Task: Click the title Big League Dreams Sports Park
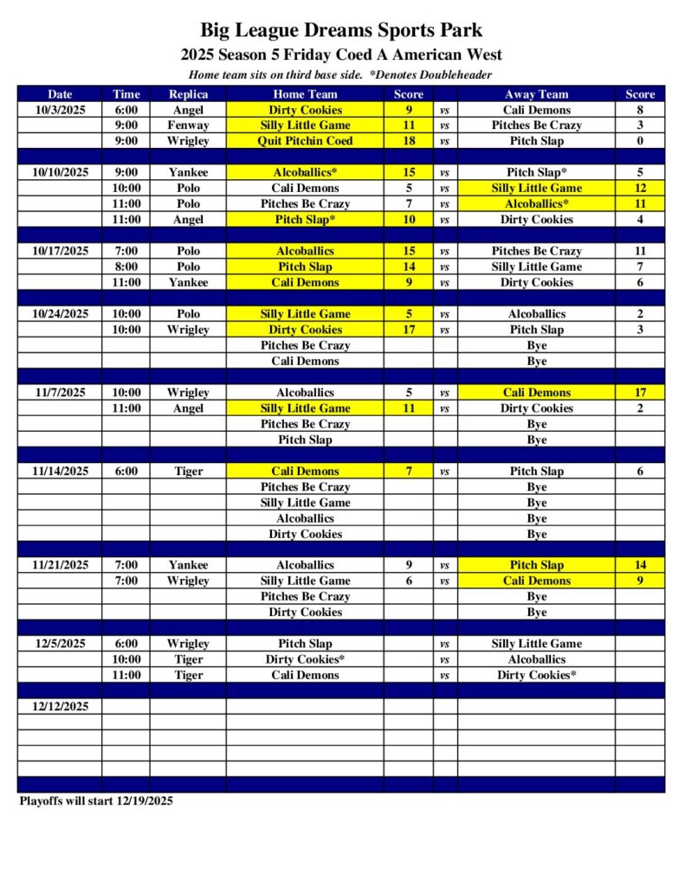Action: [x=341, y=31]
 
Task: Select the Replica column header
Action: [x=188, y=94]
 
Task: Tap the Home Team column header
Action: [x=305, y=94]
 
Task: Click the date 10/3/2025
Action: [x=60, y=110]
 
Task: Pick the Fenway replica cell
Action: [x=188, y=125]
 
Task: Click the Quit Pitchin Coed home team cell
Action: [x=305, y=141]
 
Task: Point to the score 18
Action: [x=409, y=141]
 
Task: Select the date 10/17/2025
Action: [x=60, y=251]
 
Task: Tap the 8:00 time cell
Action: [x=126, y=266]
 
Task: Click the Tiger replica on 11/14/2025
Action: [x=188, y=472]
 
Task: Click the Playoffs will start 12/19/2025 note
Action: [x=96, y=801]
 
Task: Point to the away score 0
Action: [x=640, y=141]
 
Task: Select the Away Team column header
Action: [x=536, y=94]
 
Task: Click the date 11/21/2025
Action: [x=60, y=565]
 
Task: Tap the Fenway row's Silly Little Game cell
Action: [x=305, y=125]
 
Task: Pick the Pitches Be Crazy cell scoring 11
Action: [x=536, y=251]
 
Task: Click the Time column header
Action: [x=126, y=94]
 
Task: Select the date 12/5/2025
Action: [x=60, y=644]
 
